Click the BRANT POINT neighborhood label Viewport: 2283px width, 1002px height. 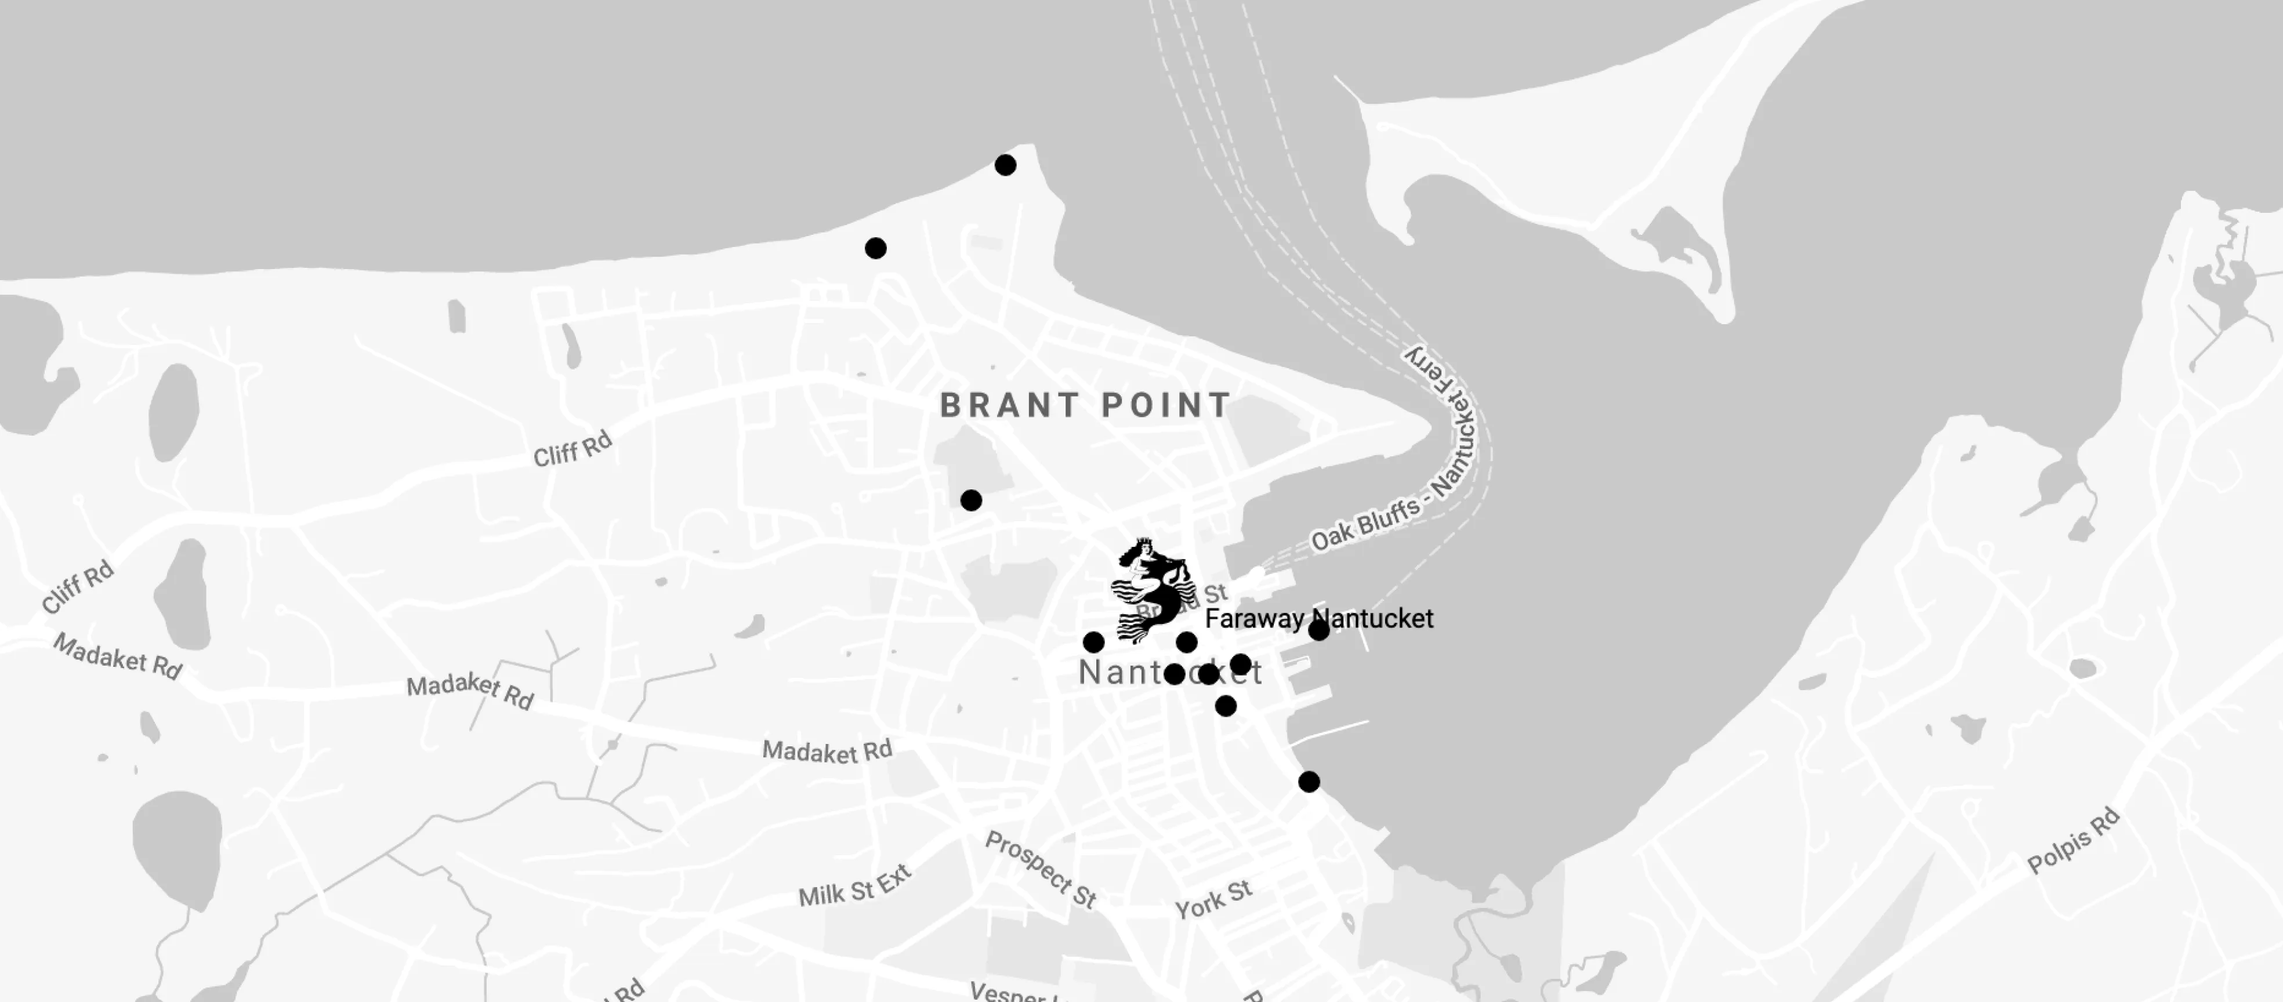pos(1085,406)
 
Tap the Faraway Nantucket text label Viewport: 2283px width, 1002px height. pos(1319,618)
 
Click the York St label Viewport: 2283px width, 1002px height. pos(1213,899)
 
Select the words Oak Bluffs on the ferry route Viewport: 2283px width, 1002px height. pos(1365,524)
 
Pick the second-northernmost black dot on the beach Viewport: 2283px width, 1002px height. pos(876,248)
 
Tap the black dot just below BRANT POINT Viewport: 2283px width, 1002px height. pos(972,500)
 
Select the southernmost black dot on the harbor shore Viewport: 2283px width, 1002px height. pos(1309,782)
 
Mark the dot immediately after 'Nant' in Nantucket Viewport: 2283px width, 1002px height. pos(1175,674)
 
